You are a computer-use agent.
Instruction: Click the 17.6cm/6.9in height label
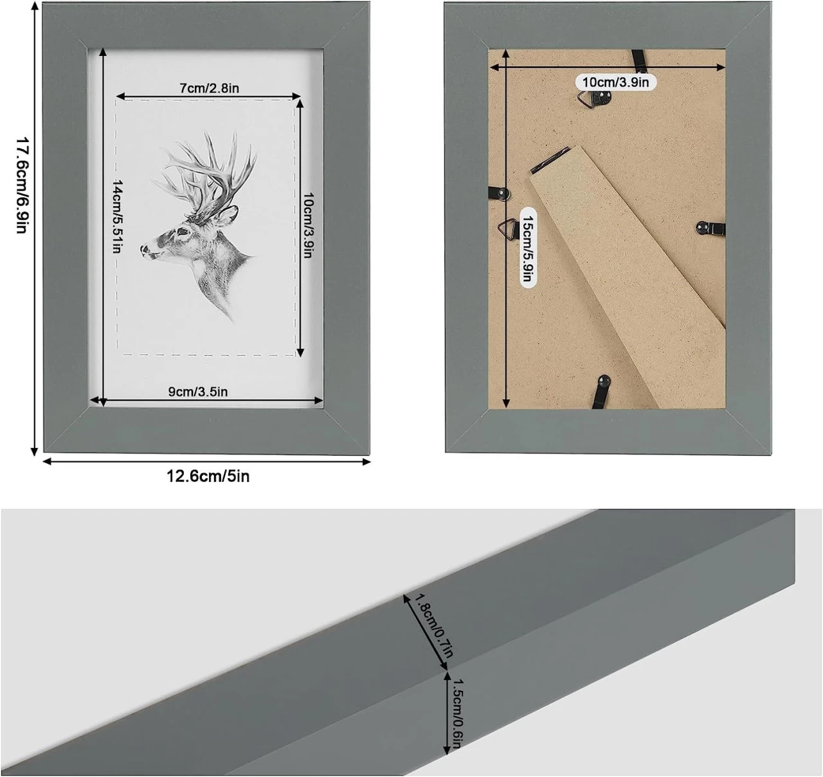pyautogui.click(x=22, y=185)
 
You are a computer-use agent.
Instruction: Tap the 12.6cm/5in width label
pyautogui.click(x=208, y=476)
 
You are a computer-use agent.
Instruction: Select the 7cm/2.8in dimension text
pyautogui.click(x=209, y=88)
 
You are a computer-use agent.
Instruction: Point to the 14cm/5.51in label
pyautogui.click(x=117, y=217)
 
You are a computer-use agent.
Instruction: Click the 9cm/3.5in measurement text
pyautogui.click(x=197, y=391)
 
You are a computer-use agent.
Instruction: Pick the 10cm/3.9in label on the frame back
pyautogui.click(x=615, y=82)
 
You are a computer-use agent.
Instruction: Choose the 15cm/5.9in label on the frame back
pyautogui.click(x=528, y=248)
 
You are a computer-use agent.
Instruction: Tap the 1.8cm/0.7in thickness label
pyautogui.click(x=434, y=626)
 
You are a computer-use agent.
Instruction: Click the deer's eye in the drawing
pyautogui.click(x=182, y=231)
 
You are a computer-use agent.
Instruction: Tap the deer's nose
pyautogui.click(x=144, y=249)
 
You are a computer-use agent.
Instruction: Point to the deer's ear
pyautogui.click(x=227, y=215)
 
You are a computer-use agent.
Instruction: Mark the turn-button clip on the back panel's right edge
pyautogui.click(x=710, y=228)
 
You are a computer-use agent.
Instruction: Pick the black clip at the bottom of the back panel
pyautogui.click(x=602, y=391)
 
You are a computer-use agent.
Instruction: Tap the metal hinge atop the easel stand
pyautogui.click(x=550, y=160)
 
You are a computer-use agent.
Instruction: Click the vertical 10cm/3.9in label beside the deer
pyautogui.click(x=308, y=225)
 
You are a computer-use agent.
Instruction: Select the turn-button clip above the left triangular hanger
pyautogui.click(x=500, y=193)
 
